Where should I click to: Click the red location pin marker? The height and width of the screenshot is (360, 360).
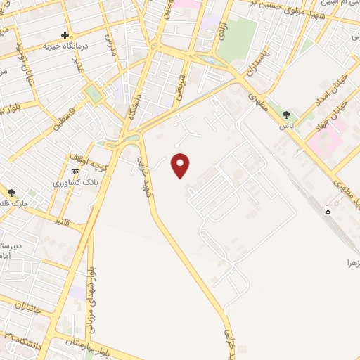click(x=181, y=165)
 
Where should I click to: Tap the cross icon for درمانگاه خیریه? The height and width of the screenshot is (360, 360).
click(x=65, y=35)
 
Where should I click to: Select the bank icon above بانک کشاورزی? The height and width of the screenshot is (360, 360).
click(x=75, y=172)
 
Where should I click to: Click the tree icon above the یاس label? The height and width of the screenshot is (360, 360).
click(x=286, y=115)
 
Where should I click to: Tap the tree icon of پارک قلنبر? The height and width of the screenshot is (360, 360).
click(x=12, y=193)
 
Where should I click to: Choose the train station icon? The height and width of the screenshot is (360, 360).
click(x=328, y=210)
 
